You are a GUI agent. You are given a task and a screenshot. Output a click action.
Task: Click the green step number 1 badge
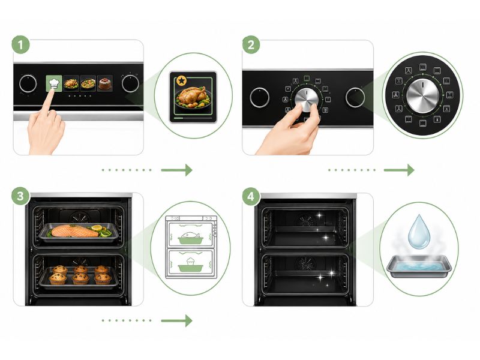[x=21, y=45]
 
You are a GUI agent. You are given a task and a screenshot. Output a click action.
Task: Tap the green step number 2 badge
[x=251, y=45]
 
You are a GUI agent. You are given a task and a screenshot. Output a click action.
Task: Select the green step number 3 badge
[x=20, y=196]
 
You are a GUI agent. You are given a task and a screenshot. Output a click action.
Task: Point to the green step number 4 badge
[x=251, y=196]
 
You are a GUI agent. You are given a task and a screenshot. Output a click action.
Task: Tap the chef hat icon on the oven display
[x=54, y=83]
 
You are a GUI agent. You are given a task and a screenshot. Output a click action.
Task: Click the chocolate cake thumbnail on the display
[x=104, y=83]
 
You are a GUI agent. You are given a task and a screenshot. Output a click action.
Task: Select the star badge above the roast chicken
[x=182, y=81]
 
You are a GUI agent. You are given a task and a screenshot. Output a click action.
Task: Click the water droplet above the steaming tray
[x=419, y=232]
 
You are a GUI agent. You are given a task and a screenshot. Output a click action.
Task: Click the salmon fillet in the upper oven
[x=74, y=231]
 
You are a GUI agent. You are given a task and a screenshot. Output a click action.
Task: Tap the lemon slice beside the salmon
[x=97, y=228]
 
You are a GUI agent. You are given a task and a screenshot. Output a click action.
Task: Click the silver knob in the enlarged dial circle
[x=423, y=95]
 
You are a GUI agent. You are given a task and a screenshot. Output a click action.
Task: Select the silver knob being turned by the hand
[x=307, y=99]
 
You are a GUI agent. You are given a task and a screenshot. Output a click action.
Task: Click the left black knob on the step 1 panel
[x=28, y=83]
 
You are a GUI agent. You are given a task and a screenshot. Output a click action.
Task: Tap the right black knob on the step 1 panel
[x=130, y=83]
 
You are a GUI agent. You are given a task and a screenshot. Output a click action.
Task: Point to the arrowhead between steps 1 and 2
[x=188, y=170]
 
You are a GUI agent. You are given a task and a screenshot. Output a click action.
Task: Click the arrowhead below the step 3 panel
[x=188, y=321]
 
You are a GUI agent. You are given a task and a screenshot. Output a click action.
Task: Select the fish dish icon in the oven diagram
[x=190, y=238]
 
